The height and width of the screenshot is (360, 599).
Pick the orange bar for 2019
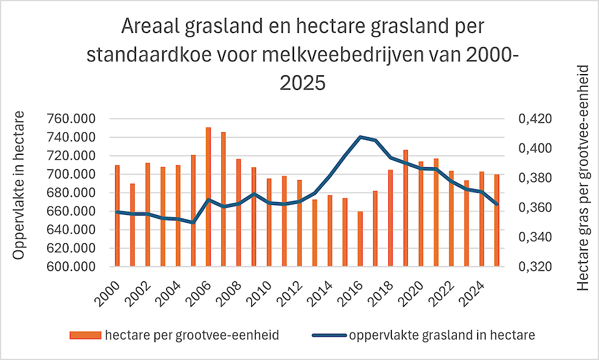click(405, 208)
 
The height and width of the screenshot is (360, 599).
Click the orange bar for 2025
click(497, 220)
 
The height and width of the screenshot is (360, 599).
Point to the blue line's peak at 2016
click(360, 137)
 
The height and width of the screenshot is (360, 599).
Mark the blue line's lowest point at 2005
click(193, 222)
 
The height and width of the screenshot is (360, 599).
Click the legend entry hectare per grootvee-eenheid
click(184, 335)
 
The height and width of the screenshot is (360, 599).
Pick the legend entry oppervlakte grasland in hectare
click(441, 335)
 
